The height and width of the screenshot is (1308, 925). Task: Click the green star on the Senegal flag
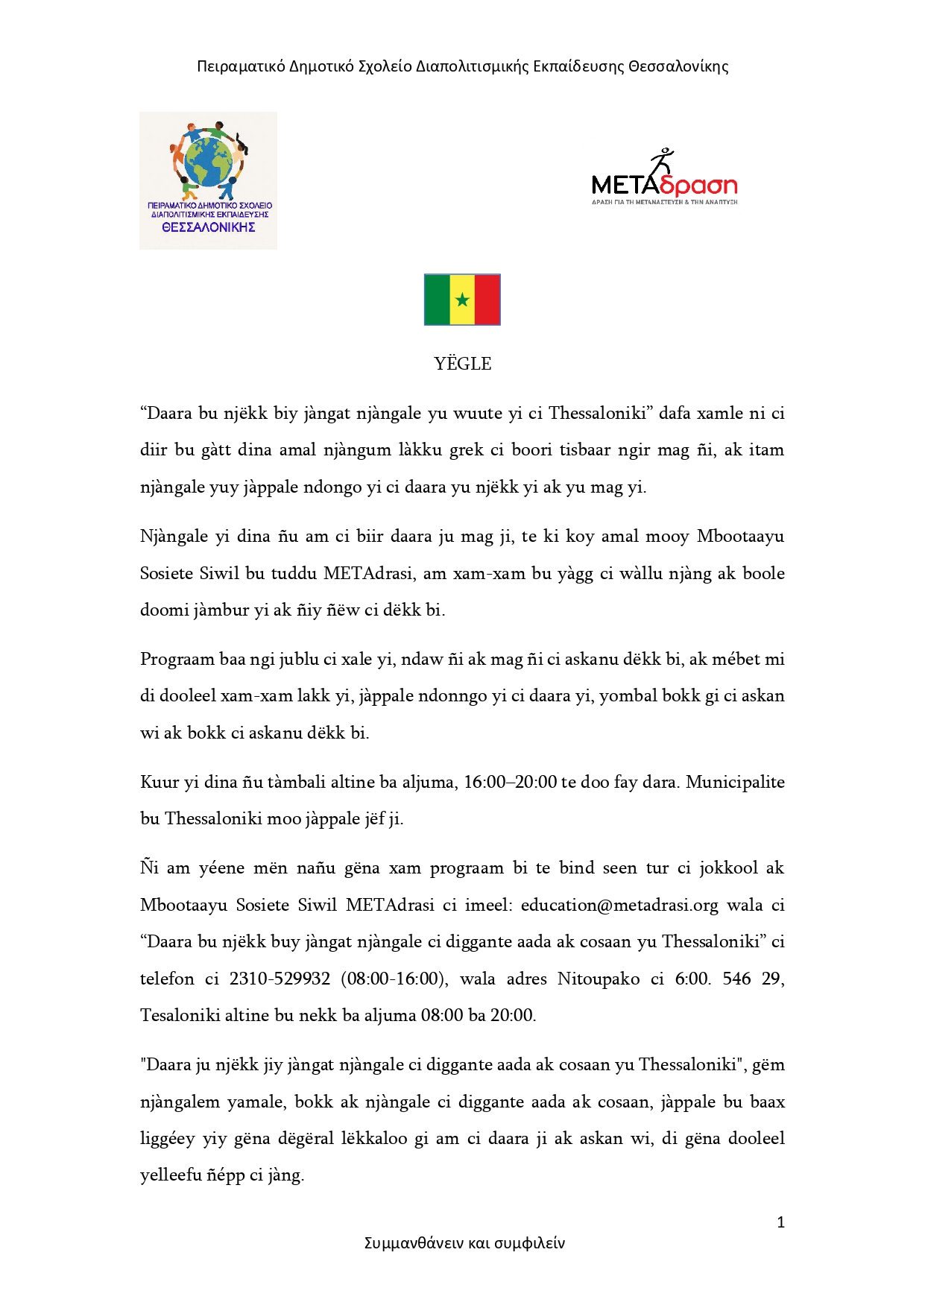462,300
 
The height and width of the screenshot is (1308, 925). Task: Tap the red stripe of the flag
487,300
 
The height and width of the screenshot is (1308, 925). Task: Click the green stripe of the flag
438,300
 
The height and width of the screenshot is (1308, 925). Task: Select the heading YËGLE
463,364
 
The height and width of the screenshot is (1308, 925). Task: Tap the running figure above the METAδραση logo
661,160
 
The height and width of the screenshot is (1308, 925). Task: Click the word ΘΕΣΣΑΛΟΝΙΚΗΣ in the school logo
209,228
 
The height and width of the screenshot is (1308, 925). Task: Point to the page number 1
780,1222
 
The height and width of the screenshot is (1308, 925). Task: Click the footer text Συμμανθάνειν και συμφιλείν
464,1243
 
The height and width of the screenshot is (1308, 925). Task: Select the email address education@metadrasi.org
619,906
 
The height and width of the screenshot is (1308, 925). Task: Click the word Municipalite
735,783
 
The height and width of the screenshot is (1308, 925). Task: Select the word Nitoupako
598,979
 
